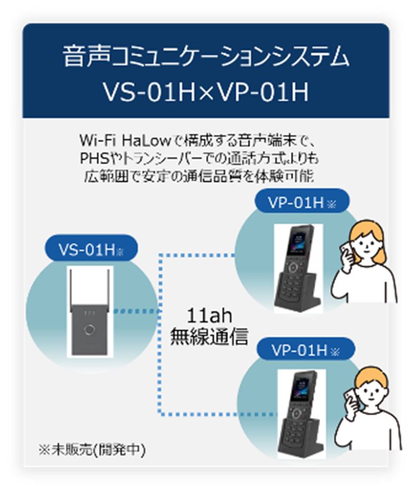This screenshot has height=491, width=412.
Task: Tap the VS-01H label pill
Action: [x=90, y=250]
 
